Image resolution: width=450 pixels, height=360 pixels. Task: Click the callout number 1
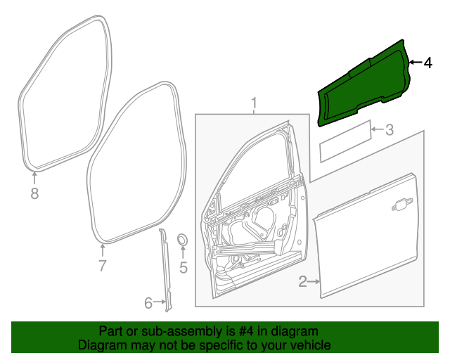pos(255,105)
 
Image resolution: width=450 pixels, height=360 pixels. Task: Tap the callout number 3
pos(389,129)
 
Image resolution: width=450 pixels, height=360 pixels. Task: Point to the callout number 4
pos(427,63)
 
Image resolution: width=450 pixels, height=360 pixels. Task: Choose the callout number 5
pos(184,267)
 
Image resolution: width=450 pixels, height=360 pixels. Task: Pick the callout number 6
pos(148,303)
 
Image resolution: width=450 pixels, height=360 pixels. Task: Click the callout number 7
pos(102,266)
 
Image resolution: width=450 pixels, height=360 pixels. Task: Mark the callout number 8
pos(34,193)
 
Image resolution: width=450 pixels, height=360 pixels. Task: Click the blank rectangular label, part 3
pos(345,142)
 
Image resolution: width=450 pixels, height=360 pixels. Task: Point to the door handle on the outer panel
pos(403,205)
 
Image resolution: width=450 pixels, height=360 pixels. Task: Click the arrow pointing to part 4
pos(414,63)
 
